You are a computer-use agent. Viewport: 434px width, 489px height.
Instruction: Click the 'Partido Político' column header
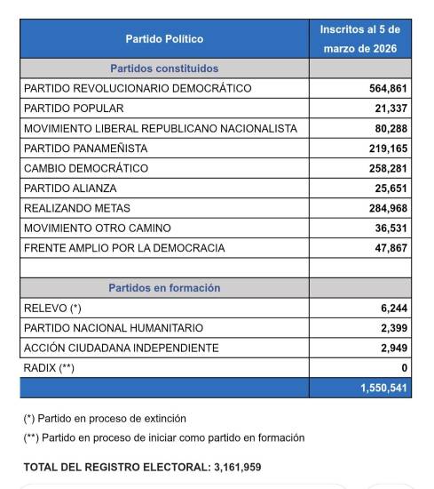point(164,39)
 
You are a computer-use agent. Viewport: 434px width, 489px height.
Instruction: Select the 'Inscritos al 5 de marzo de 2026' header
point(359,39)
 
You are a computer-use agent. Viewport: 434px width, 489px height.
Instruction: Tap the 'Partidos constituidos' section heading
point(164,68)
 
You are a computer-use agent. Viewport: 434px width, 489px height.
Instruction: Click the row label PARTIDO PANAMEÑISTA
point(86,148)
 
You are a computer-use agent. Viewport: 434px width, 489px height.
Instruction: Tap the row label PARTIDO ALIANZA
point(71,188)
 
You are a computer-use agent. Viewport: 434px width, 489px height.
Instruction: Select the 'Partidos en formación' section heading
point(164,288)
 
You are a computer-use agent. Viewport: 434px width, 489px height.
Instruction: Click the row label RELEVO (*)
point(52,308)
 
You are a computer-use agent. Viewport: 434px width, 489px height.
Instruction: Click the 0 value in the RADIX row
point(404,368)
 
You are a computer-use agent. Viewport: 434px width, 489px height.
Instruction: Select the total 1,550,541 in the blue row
point(382,389)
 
